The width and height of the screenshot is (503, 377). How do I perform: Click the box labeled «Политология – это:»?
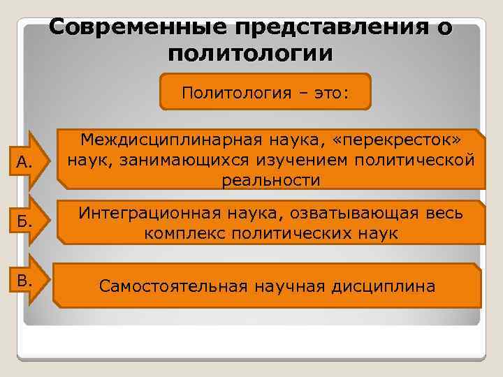click(x=265, y=92)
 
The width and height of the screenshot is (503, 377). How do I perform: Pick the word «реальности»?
click(x=271, y=180)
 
